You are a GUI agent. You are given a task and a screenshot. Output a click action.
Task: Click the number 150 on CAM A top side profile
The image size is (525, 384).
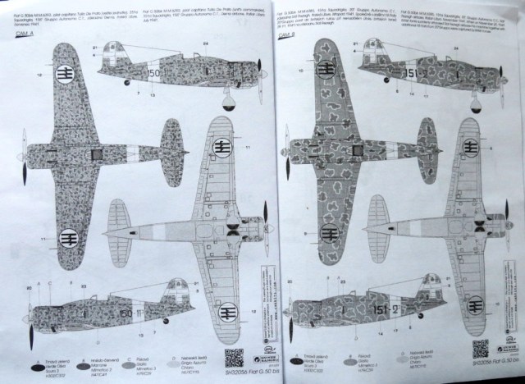(x=154, y=74)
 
